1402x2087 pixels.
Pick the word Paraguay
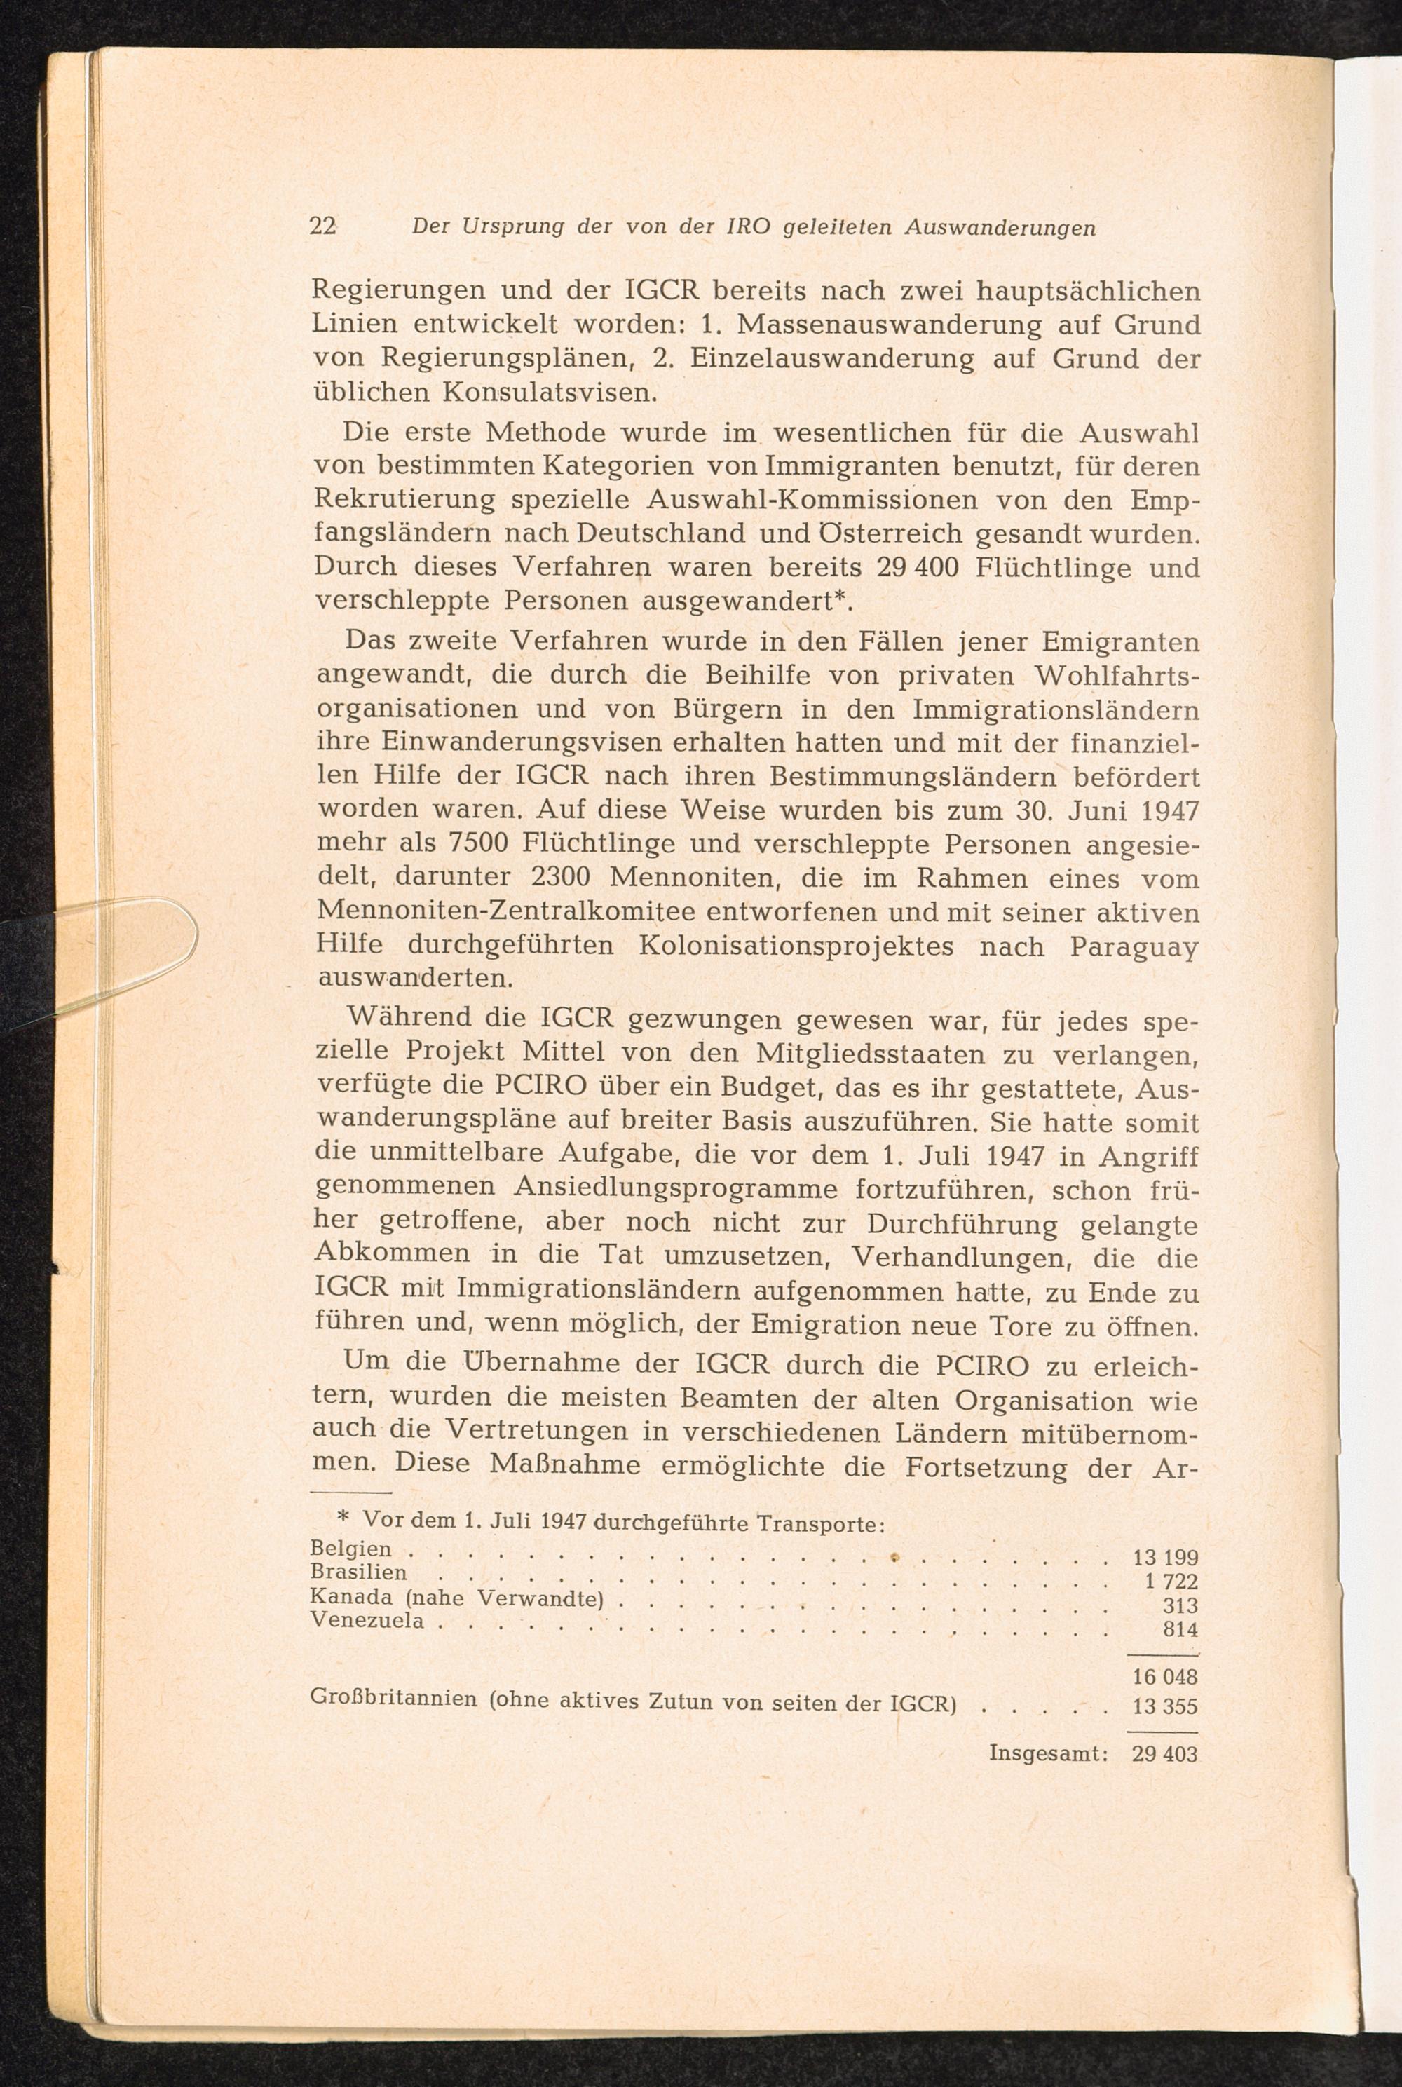(x=1133, y=948)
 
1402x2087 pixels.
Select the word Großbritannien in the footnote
(x=393, y=1698)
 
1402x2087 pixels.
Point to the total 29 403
(x=1164, y=1753)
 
